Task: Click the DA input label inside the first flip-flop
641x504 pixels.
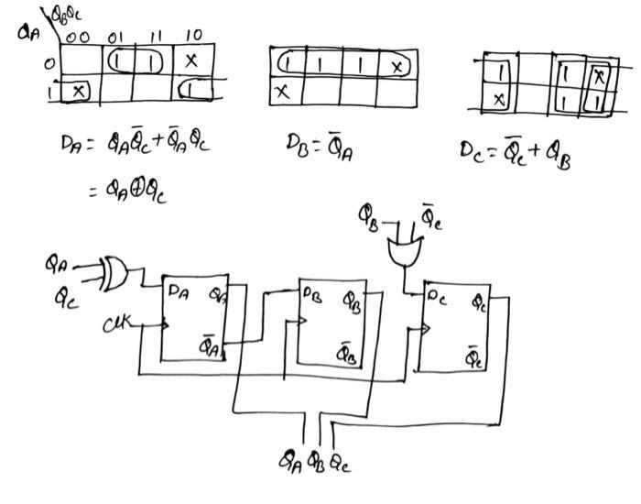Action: (179, 291)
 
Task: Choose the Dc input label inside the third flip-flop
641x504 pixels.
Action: (435, 296)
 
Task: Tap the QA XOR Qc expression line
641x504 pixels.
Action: (128, 191)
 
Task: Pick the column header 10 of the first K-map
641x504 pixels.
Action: (192, 36)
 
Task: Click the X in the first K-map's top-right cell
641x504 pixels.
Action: (190, 62)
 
